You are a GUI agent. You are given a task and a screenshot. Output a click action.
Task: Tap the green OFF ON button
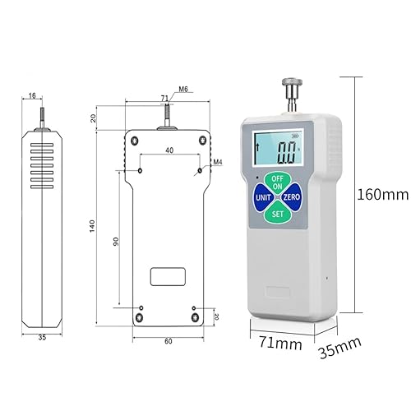pyautogui.click(x=277, y=182)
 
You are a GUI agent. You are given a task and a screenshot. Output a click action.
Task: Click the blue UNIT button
pyautogui.click(x=263, y=197)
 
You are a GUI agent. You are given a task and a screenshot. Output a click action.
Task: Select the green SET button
pyautogui.click(x=277, y=213)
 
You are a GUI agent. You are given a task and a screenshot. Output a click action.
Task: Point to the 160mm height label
pyautogui.click(x=383, y=195)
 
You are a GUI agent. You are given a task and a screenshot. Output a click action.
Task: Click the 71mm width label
pyautogui.click(x=280, y=343)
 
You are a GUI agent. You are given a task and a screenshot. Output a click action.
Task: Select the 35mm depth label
pyautogui.click(x=339, y=348)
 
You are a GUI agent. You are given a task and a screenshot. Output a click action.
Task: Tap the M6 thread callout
pyautogui.click(x=183, y=89)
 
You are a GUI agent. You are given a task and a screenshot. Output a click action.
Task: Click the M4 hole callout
pyautogui.click(x=217, y=162)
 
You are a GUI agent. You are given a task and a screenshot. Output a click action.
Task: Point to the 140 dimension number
pyautogui.click(x=92, y=226)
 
